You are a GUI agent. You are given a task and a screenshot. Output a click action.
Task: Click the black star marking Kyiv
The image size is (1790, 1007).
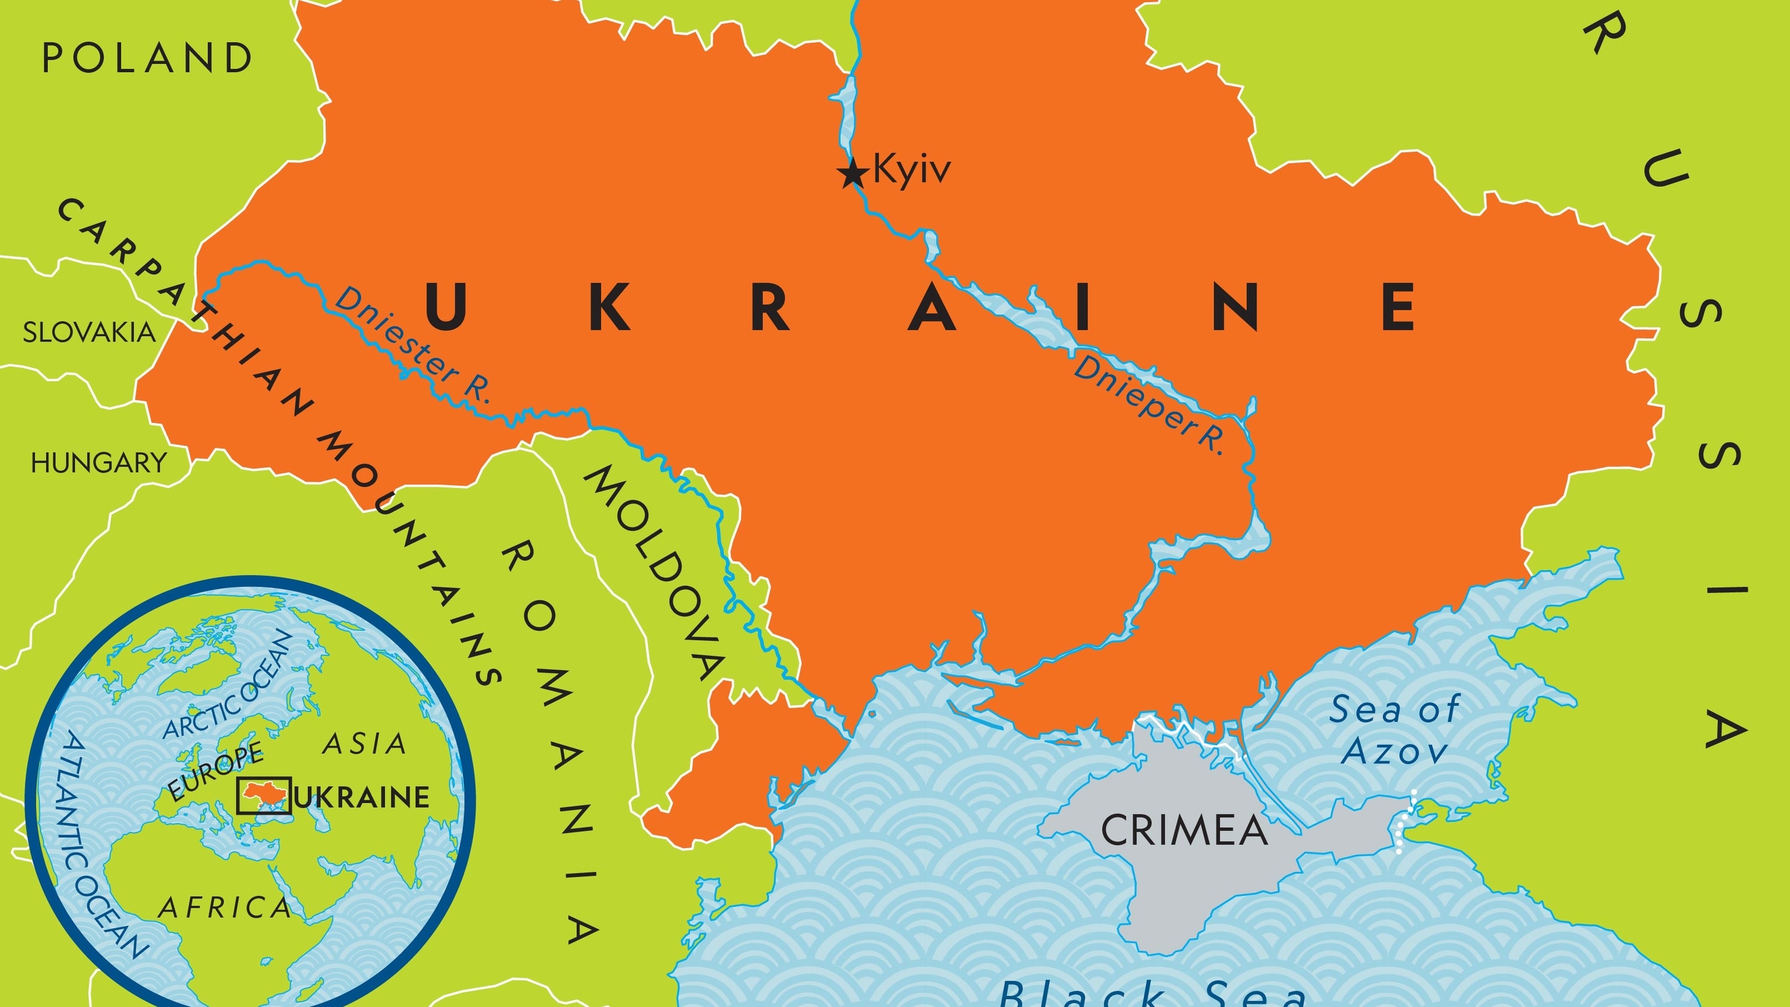852,173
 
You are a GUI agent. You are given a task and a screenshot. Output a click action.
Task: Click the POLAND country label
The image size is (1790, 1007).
147,58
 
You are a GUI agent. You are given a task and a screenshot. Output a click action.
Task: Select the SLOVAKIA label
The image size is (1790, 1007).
89,332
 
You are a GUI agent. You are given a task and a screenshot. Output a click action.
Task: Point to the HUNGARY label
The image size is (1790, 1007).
98,463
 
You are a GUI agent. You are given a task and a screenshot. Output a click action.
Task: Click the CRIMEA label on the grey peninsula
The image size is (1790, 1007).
1184,830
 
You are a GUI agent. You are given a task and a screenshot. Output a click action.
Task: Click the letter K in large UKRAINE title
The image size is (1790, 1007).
609,307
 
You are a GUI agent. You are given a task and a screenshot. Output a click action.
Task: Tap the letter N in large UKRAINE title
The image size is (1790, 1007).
1235,307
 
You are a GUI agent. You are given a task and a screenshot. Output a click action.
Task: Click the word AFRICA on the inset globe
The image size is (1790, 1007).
224,907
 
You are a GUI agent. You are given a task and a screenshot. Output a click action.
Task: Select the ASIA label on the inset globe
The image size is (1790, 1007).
365,744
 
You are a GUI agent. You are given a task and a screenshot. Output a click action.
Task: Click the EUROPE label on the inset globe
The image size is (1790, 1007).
216,772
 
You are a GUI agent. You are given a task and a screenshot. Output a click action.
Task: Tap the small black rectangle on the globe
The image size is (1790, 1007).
263,795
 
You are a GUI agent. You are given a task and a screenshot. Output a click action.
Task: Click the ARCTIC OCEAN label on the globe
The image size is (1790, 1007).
227,685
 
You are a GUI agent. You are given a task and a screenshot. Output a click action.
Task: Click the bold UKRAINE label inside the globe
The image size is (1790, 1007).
361,797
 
